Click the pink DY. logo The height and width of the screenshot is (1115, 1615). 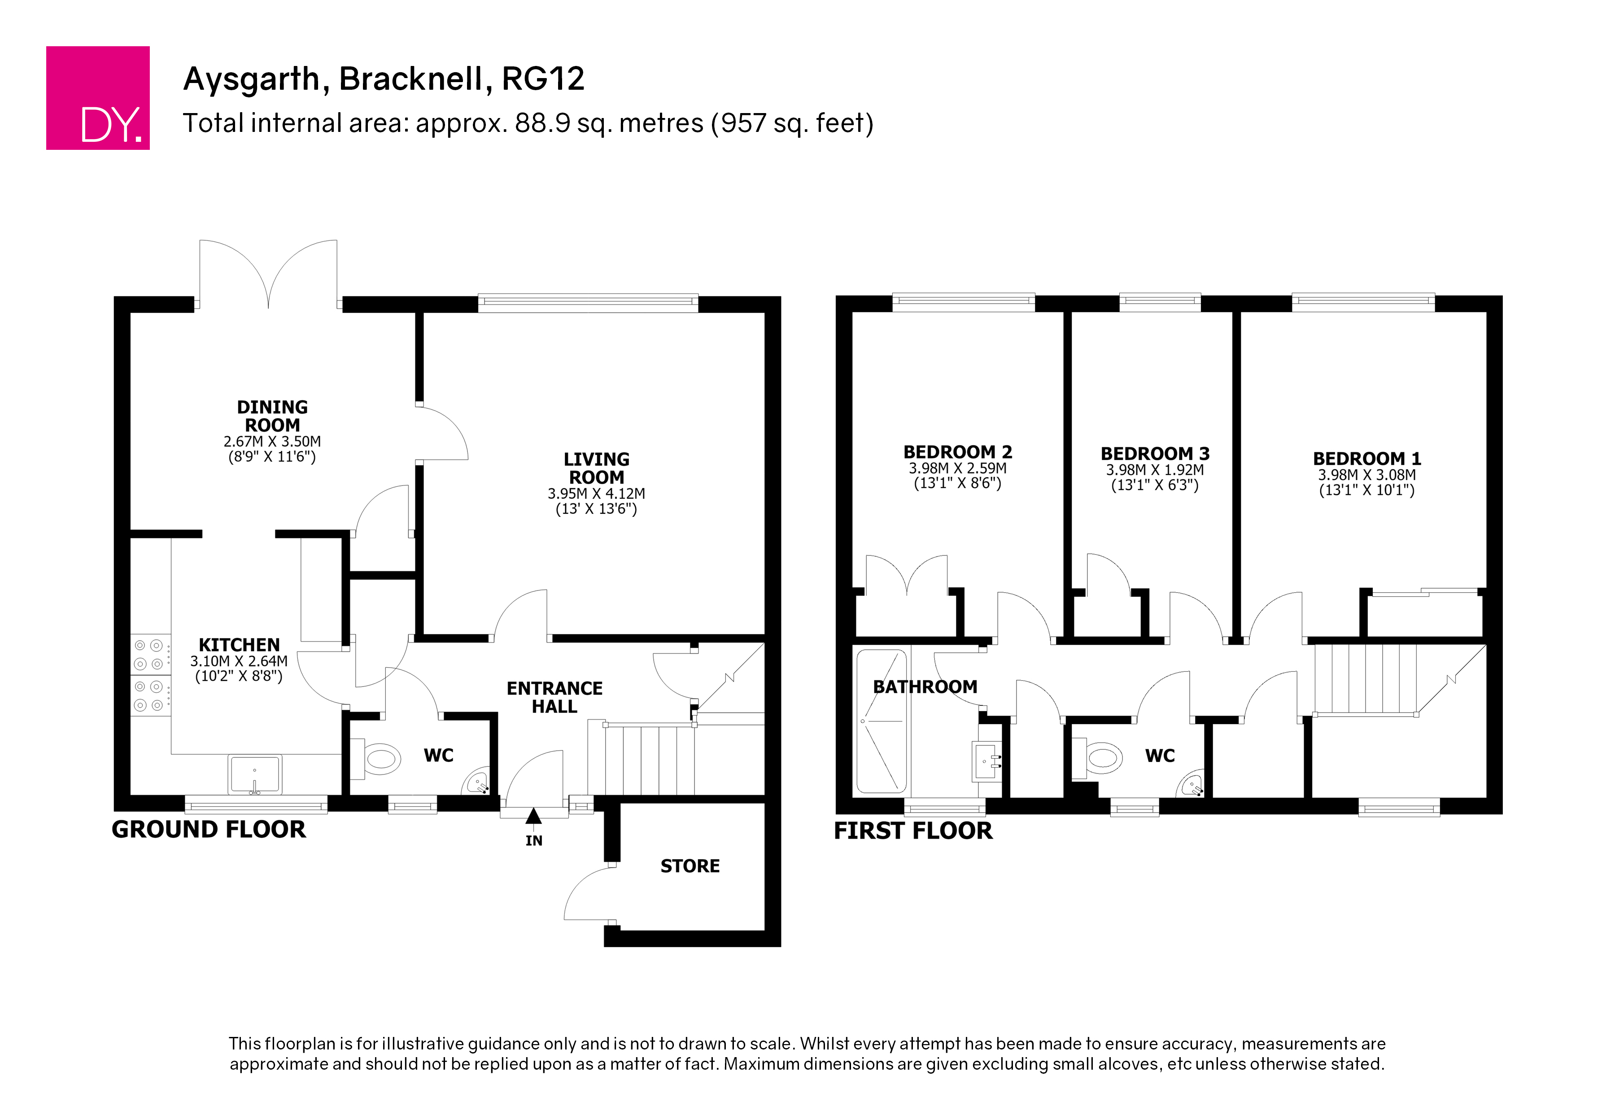click(x=98, y=98)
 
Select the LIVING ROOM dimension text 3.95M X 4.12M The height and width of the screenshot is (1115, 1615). click(x=596, y=493)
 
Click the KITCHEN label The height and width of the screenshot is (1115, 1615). click(x=239, y=645)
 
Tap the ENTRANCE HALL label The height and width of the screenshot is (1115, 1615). click(x=554, y=697)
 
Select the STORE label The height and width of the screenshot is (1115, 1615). click(x=690, y=866)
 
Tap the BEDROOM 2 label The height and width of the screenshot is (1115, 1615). click(x=958, y=452)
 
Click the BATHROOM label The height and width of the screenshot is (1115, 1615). click(x=925, y=687)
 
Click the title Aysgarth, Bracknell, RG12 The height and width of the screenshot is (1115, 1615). click(x=384, y=79)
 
